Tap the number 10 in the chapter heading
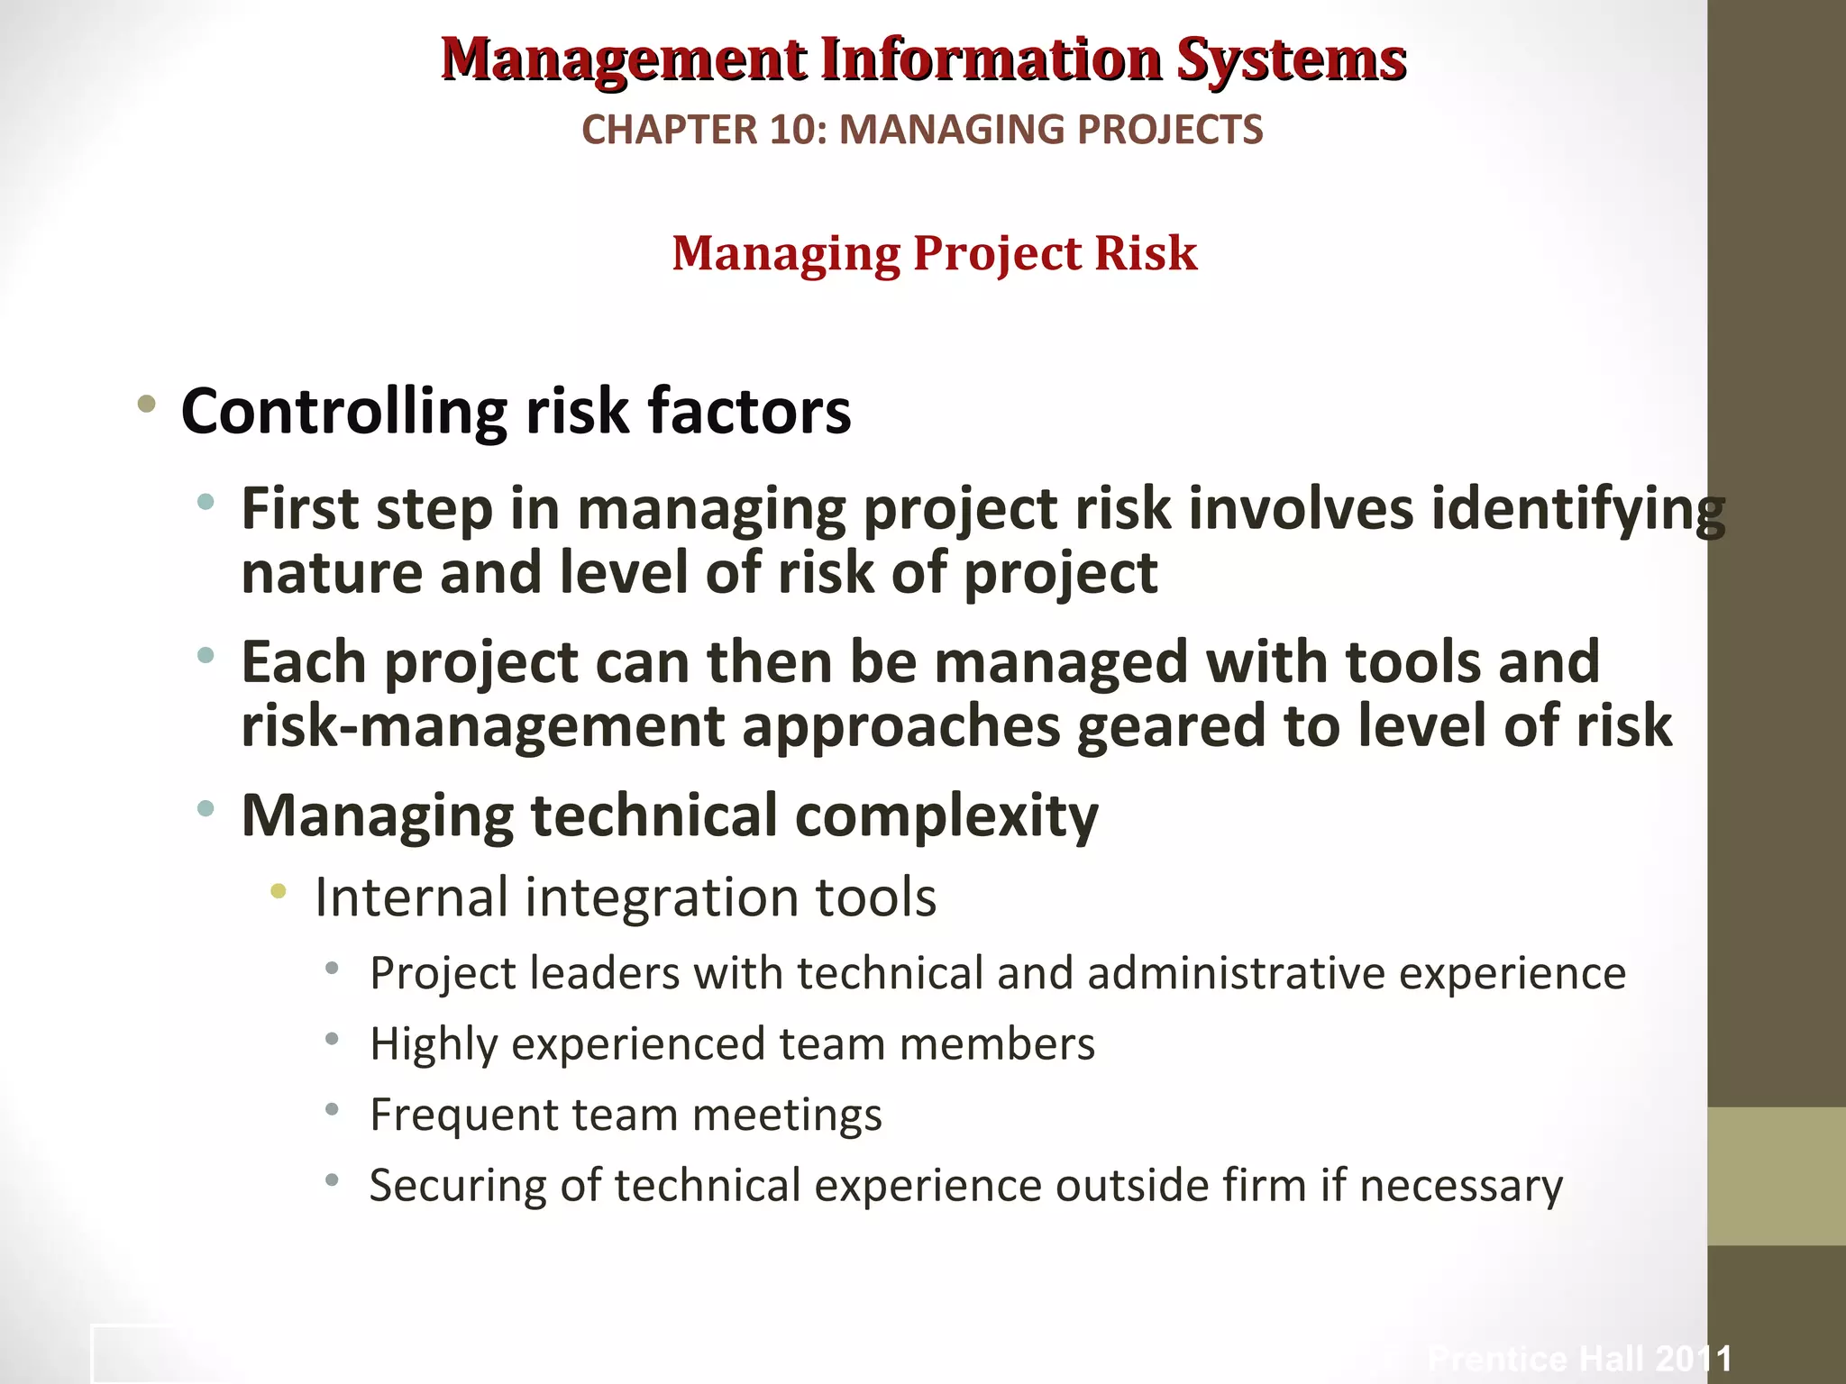798,130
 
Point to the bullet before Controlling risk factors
146,405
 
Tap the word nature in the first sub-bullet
331,574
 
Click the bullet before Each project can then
206,656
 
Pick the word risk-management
483,726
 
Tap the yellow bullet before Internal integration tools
279,892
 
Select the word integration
663,898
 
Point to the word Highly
434,1045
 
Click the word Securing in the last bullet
458,1187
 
